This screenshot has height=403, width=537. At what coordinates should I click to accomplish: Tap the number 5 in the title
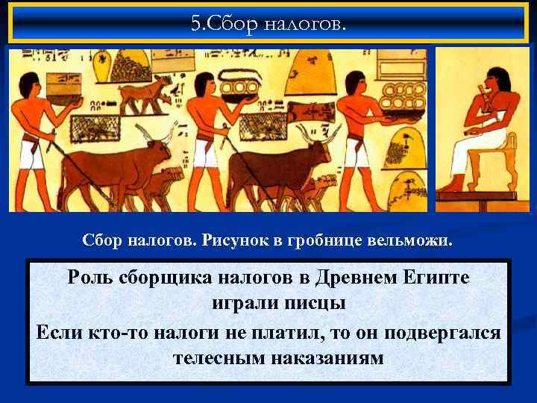tap(195, 24)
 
